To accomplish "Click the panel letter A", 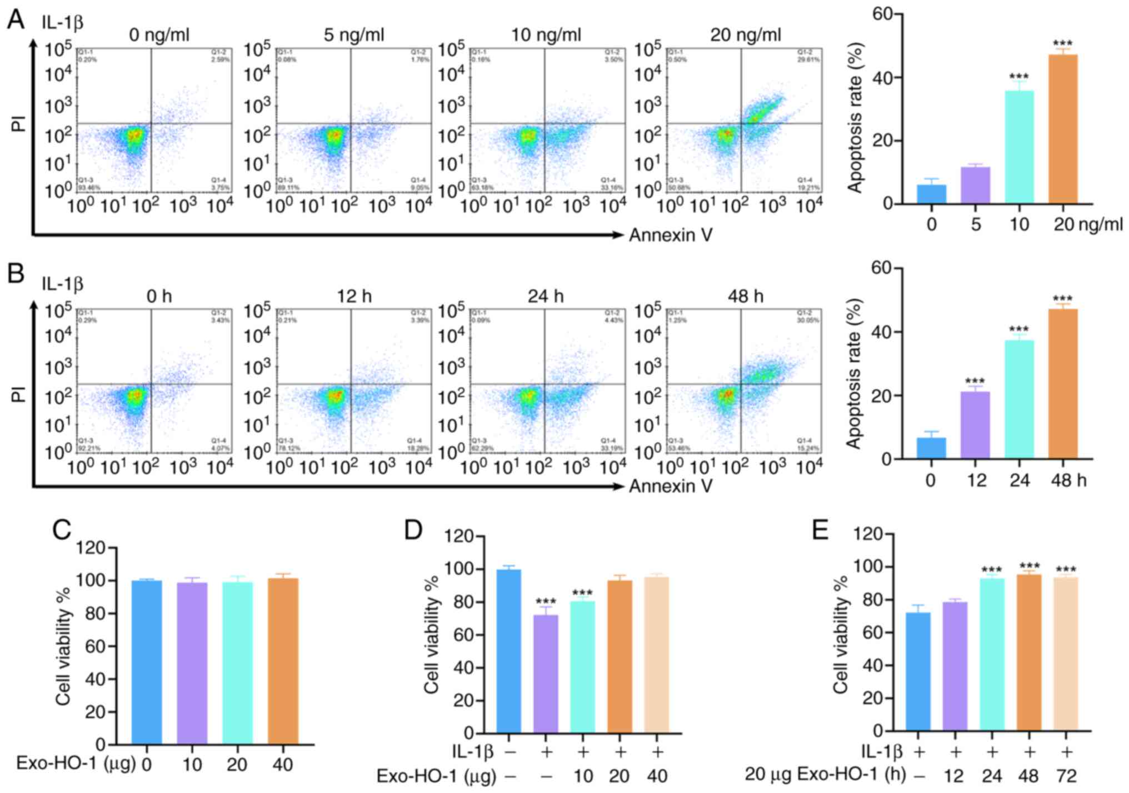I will [x=16, y=21].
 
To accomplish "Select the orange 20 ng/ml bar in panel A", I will [x=1062, y=129].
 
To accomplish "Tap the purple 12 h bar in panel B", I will [x=975, y=425].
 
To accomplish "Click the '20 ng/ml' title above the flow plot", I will [x=745, y=35].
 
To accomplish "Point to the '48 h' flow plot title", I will [x=745, y=297].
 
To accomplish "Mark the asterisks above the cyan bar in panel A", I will [x=1019, y=77].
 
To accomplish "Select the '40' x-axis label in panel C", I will [x=282, y=765].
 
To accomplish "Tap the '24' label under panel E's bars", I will [x=992, y=775].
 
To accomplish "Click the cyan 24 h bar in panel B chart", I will [x=1019, y=399].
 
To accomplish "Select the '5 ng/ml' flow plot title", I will [x=354, y=35].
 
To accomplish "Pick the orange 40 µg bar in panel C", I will [x=283, y=661].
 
